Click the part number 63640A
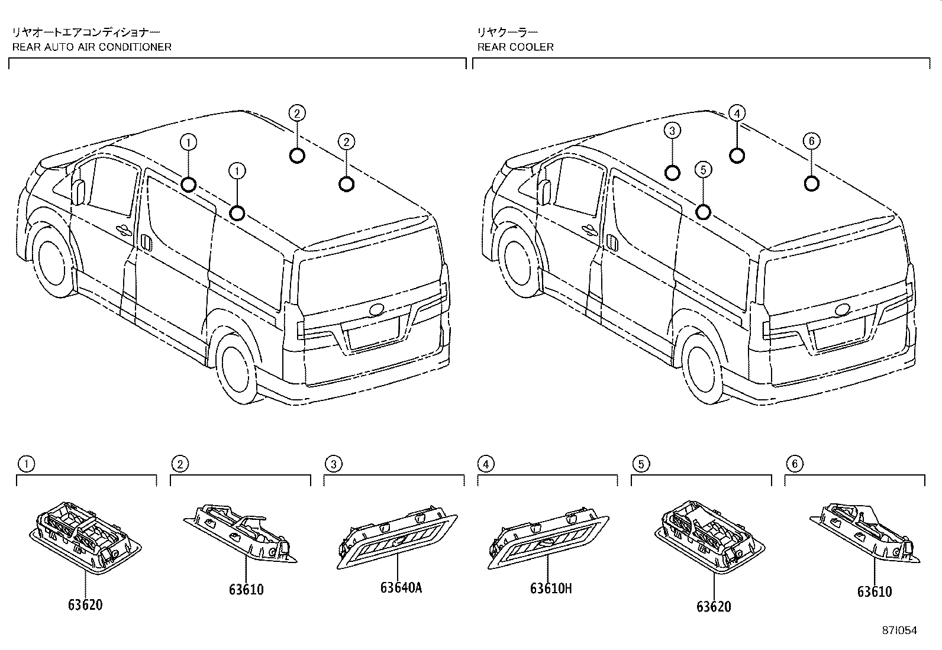401,588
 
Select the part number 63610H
551,588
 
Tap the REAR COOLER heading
515,47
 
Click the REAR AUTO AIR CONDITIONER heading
92,47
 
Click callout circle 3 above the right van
673,131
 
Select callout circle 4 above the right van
737,113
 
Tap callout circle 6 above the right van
812,141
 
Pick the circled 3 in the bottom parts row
333,464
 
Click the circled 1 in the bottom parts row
25,464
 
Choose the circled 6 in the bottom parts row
794,464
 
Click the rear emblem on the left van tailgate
376,310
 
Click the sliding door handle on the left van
146,242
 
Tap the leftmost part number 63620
85,604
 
